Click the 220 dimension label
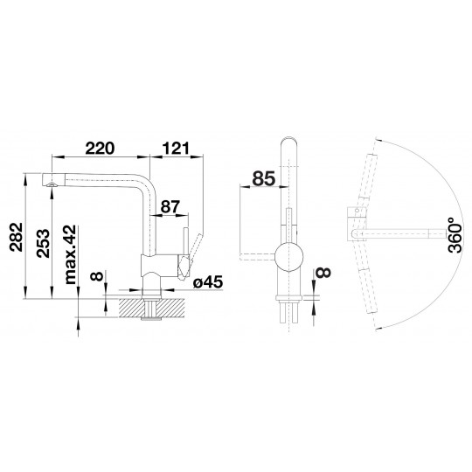coord(100,148)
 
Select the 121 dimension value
coord(176,148)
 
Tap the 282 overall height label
coord(16,237)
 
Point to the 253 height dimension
coord(43,243)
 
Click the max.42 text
coord(71,254)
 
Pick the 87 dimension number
coord(170,206)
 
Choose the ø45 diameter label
coord(208,282)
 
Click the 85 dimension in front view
coord(264,178)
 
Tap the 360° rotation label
coord(455,235)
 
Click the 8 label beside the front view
coord(323,272)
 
